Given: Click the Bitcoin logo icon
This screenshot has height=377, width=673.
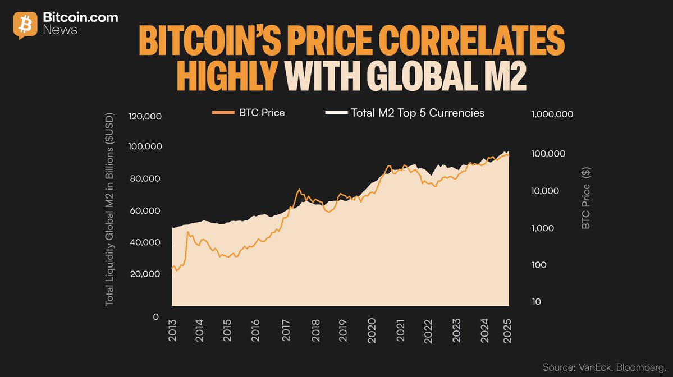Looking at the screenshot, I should click(25, 24).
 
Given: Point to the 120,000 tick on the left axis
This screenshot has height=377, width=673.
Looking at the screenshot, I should click(145, 117).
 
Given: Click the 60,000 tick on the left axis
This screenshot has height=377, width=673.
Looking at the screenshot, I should click(145, 210).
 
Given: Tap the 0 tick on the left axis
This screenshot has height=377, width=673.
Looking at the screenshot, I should click(157, 316).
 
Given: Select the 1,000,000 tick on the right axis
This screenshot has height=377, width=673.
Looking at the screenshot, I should click(551, 114).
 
